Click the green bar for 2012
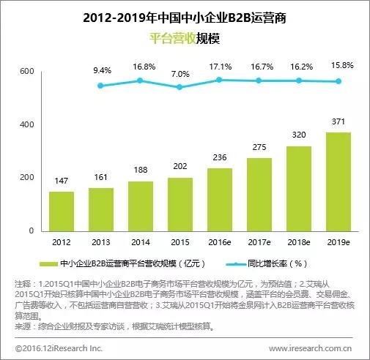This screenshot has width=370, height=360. pos(62,211)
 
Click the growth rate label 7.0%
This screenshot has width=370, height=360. pos(180,74)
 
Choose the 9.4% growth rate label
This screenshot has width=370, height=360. pos(101,71)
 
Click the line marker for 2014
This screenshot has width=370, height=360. pos(141,80)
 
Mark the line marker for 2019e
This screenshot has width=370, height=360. pos(338,82)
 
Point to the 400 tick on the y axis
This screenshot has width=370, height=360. pos(27,124)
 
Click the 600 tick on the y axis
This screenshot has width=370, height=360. pos(27,71)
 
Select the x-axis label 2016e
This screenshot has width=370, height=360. pos(220,242)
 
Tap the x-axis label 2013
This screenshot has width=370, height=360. pos(101,242)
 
